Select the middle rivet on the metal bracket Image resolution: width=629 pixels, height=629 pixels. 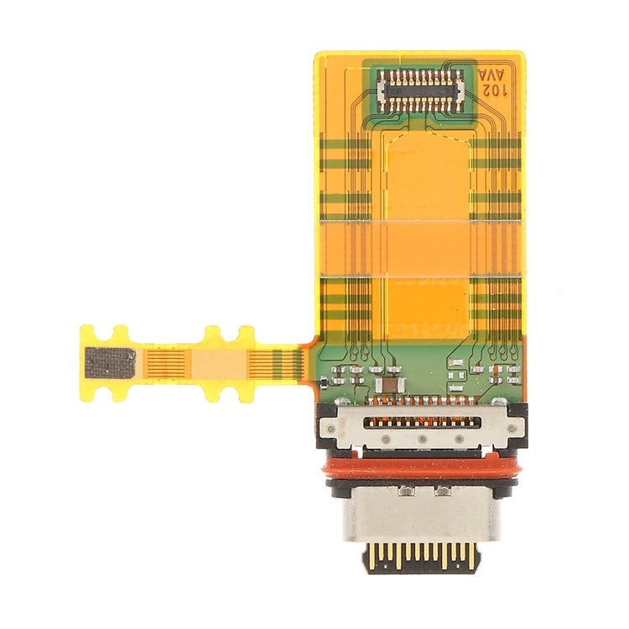point(422,439)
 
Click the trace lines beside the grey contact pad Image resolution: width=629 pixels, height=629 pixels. point(163,363)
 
